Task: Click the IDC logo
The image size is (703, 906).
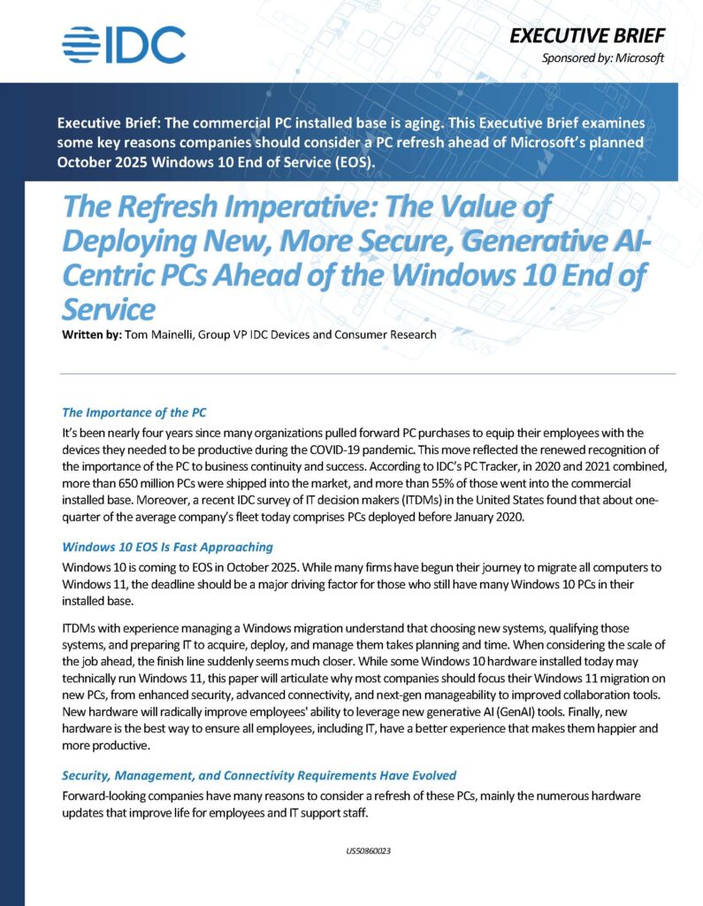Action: (124, 45)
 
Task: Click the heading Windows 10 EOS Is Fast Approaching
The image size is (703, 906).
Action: (167, 547)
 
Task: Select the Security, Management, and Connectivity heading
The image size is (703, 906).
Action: (259, 775)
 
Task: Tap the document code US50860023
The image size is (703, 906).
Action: (369, 851)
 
